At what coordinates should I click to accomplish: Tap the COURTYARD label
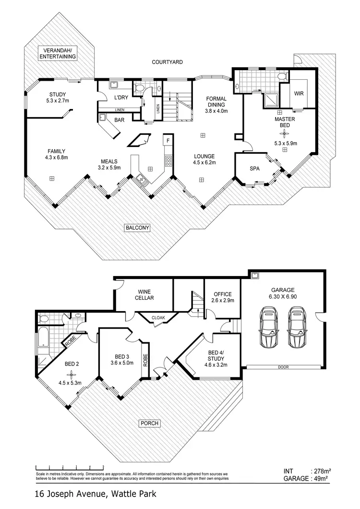tap(168, 62)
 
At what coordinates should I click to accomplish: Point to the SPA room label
tap(255, 169)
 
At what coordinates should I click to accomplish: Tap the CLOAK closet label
tap(158, 317)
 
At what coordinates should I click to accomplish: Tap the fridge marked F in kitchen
tap(168, 141)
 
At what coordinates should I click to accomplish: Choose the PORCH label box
tap(149, 423)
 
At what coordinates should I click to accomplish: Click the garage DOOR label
tap(282, 367)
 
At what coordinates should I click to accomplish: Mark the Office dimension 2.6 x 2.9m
tap(222, 301)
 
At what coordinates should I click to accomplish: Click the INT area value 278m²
tap(320, 471)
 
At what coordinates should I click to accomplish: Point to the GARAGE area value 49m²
tap(320, 478)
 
